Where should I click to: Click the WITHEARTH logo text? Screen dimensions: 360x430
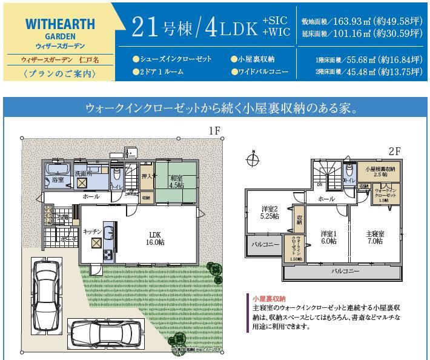tap(61, 25)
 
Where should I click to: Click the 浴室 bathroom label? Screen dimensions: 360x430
tap(58, 180)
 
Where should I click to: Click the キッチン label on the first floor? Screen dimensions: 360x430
tap(91, 231)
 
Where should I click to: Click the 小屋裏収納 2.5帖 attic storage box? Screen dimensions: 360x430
tap(380, 171)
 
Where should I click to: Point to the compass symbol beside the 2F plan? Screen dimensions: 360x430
tap(253, 161)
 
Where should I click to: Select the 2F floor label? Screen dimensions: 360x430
tap(395, 151)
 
